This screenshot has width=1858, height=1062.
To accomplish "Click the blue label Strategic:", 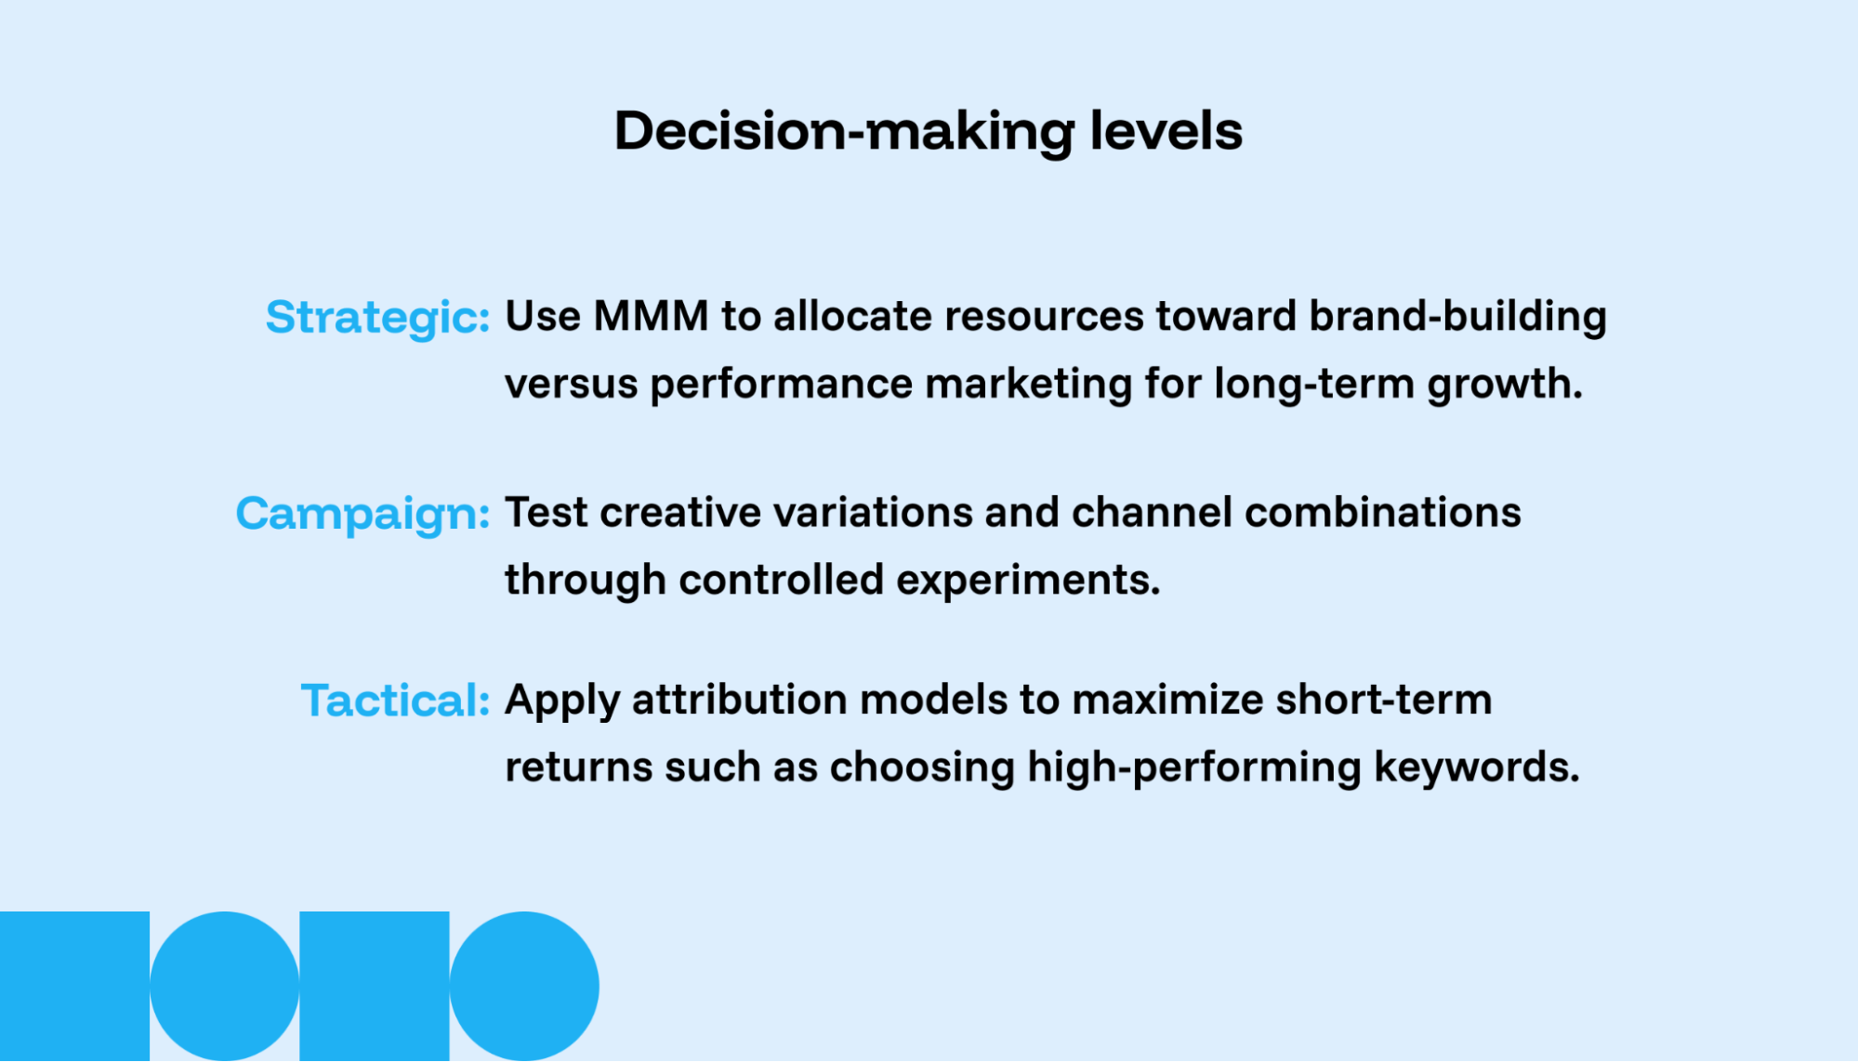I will click(377, 318).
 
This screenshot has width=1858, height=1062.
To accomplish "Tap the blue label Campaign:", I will click(362, 514).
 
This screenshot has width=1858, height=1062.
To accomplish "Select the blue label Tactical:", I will click(395, 701).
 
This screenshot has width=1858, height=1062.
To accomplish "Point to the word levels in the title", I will click(1166, 131).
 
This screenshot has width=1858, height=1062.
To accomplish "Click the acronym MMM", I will click(651, 317).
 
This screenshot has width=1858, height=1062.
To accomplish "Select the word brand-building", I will click(1457, 317).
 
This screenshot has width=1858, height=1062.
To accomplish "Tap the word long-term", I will click(1314, 384).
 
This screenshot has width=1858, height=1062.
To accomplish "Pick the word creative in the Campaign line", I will click(680, 513).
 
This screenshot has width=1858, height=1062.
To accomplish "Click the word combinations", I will click(1382, 513).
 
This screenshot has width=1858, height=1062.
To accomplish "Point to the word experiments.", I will click(1027, 581).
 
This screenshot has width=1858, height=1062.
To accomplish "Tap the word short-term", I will click(1383, 700).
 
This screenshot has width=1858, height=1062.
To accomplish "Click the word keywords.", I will click(1476, 767).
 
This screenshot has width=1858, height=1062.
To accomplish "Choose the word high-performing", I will click(1193, 768).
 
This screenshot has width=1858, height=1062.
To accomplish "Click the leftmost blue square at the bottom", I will click(74, 986).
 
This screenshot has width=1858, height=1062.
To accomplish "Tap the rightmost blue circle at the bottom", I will click(524, 986).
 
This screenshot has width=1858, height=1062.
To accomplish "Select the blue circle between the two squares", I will click(224, 986).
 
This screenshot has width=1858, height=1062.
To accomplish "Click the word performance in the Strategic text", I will click(781, 385).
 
